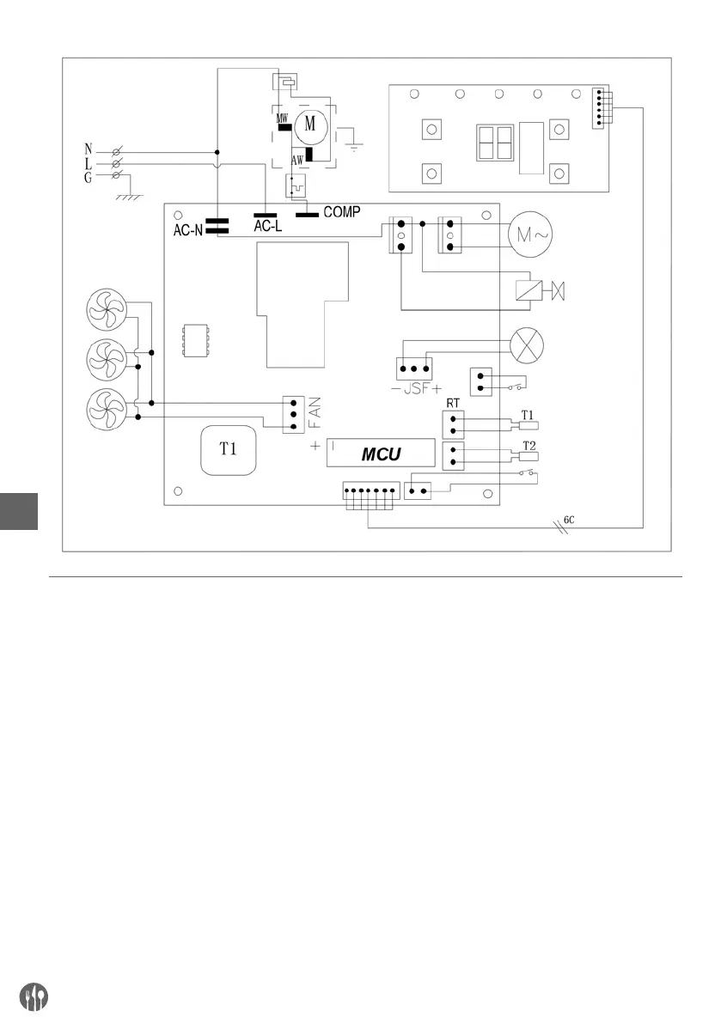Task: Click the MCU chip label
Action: tap(381, 454)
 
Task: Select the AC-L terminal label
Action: tap(267, 227)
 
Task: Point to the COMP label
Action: tap(341, 210)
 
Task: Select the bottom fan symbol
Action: tap(107, 404)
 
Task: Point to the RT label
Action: tap(451, 402)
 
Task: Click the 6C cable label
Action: tap(569, 519)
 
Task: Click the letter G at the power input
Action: tap(89, 176)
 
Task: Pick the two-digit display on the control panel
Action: tap(495, 143)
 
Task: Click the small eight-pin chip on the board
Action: tap(192, 341)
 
